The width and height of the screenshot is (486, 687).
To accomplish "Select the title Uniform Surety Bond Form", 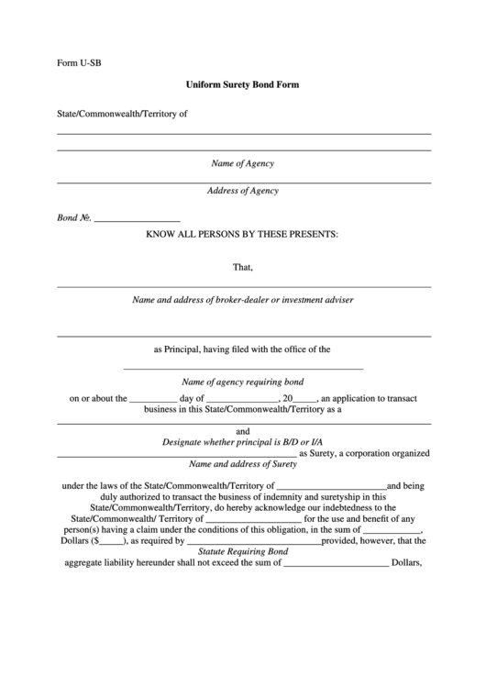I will [x=243, y=83].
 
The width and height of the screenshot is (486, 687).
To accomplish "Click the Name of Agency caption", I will [x=243, y=163].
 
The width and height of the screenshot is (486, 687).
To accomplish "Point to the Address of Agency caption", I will [x=243, y=191].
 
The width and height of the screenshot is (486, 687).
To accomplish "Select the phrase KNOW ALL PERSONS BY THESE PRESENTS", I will [x=243, y=235].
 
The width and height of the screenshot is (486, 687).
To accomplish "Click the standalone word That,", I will [x=243, y=268].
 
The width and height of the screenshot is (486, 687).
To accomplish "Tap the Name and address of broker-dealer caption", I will [x=243, y=299].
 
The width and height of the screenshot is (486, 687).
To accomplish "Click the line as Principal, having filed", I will [x=243, y=349].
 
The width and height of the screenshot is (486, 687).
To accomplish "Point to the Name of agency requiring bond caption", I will [x=243, y=381].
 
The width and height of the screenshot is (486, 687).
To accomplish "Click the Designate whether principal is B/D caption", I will [x=243, y=441].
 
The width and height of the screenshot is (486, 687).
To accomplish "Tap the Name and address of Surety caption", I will [x=243, y=464].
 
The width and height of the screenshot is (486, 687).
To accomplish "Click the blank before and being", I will [x=331, y=486].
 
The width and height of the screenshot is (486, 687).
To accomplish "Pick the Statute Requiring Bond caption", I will [x=243, y=552].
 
